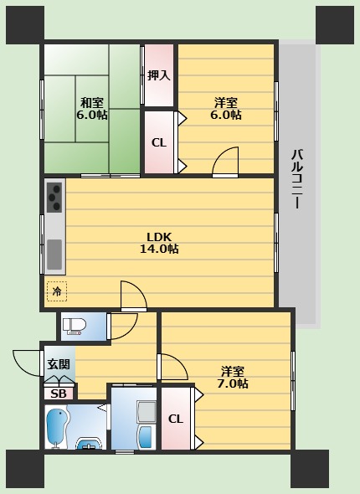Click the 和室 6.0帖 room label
(x=92, y=109)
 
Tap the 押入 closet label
(x=159, y=75)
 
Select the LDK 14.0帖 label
(x=159, y=243)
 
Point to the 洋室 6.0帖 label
(x=226, y=109)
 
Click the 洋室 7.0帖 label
(x=233, y=377)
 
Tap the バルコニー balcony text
(x=296, y=179)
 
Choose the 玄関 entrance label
(x=59, y=364)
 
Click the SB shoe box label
(x=59, y=394)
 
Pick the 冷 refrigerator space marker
(x=57, y=291)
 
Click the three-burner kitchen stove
(x=54, y=198)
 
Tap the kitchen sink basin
(x=54, y=255)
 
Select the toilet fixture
(x=75, y=326)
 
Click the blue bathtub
(x=56, y=428)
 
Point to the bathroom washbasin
(x=90, y=443)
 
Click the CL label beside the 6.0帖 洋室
(x=159, y=142)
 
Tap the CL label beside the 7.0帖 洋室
(x=176, y=419)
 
